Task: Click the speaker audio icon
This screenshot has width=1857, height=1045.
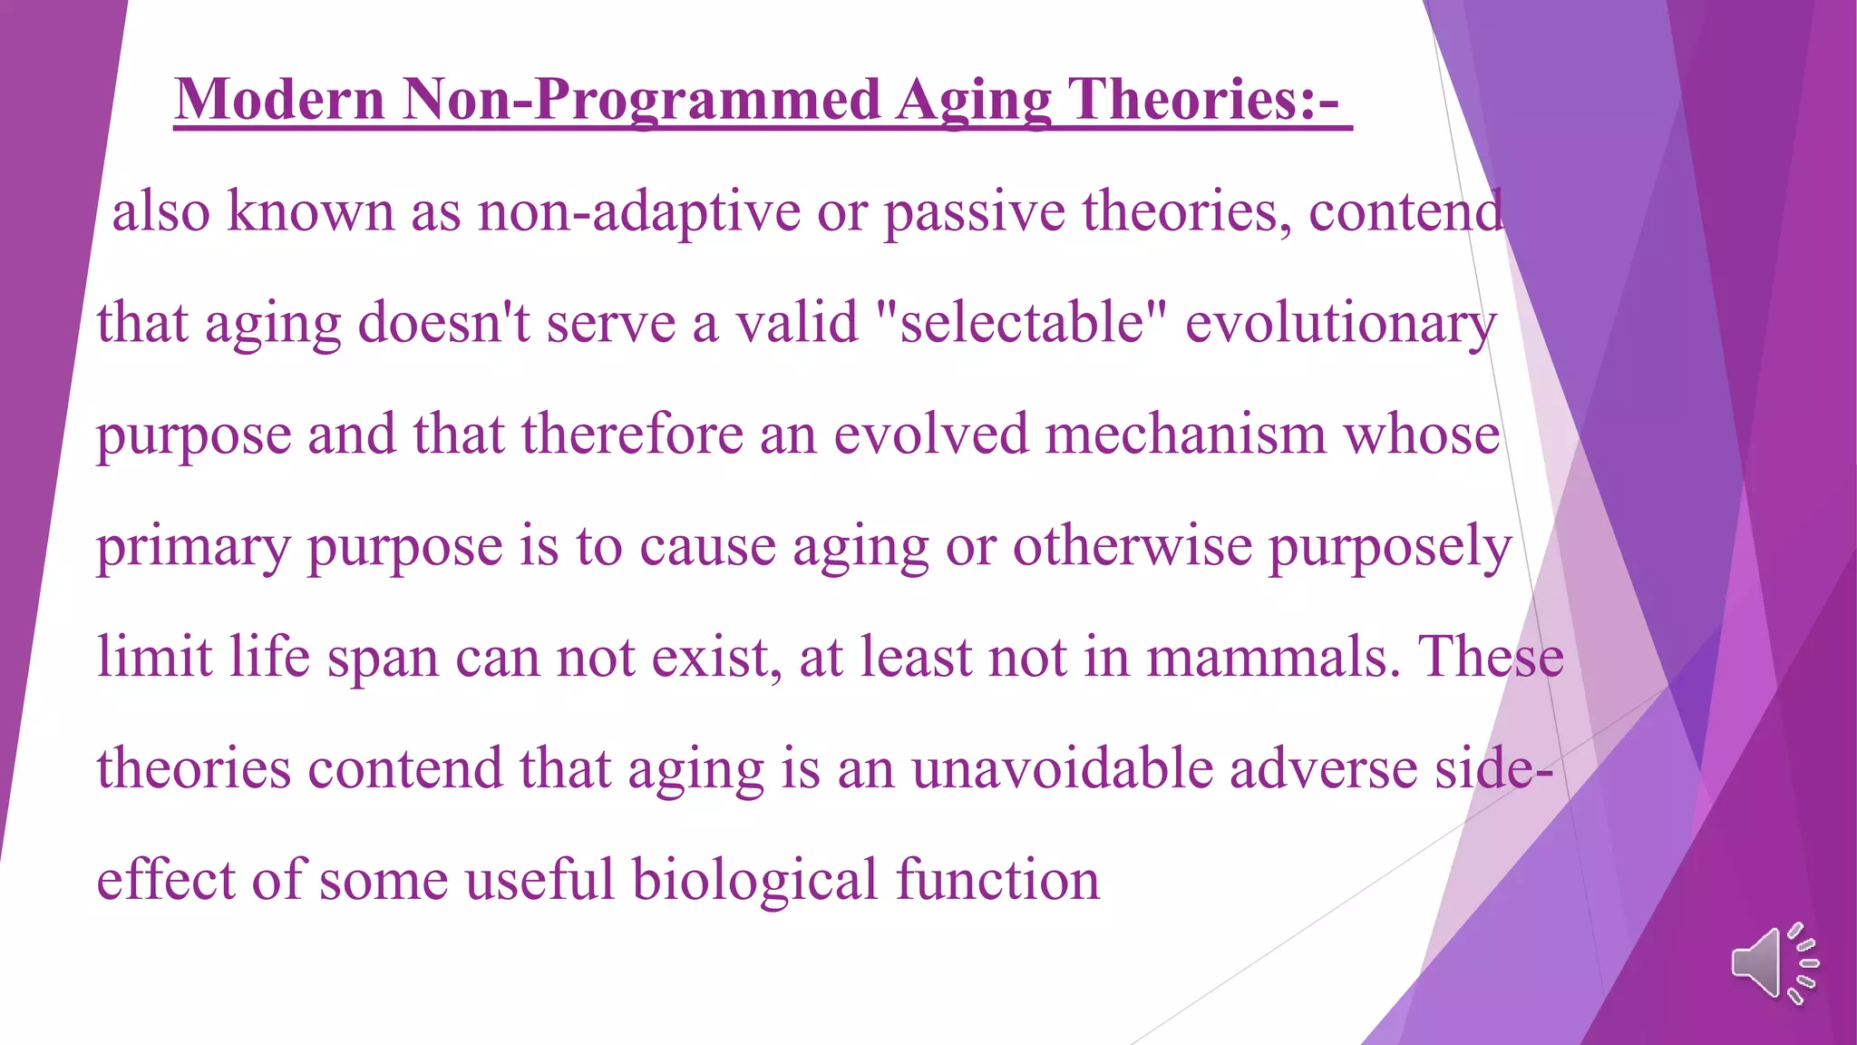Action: pyautogui.click(x=1774, y=963)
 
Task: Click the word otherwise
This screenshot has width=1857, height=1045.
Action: pyautogui.click(x=1132, y=546)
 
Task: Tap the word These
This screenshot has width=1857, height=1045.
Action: pyautogui.click(x=1492, y=657)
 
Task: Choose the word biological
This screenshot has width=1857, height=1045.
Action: pyautogui.click(x=755, y=881)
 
